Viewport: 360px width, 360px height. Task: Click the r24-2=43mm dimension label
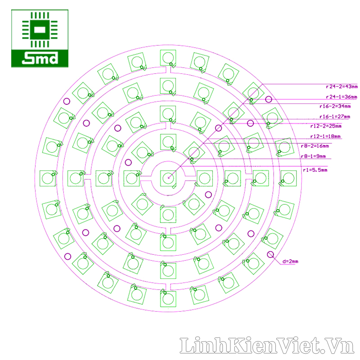click(342, 86)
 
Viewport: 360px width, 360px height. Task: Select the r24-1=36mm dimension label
click(342, 97)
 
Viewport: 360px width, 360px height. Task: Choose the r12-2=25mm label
click(326, 126)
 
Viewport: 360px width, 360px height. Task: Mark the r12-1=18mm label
click(325, 136)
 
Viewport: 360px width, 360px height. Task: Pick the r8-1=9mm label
click(313, 157)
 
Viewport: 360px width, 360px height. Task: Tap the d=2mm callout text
click(290, 261)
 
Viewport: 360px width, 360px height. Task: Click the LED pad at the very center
click(167, 177)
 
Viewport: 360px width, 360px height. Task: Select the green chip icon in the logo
click(40, 31)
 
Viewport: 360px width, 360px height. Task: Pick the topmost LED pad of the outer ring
click(168, 58)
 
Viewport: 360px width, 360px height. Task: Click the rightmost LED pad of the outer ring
click(288, 178)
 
